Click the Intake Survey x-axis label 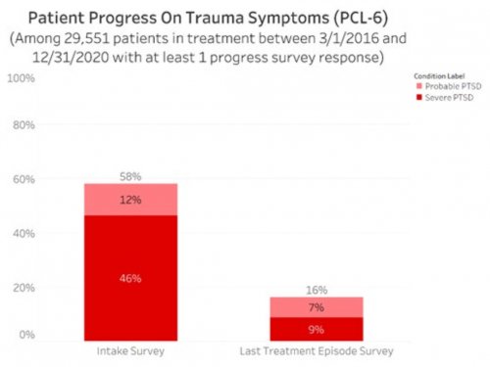point(129,349)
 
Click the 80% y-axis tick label point(24,126)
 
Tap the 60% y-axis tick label point(24,180)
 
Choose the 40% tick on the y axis point(24,234)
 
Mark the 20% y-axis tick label point(24,288)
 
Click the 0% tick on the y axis point(26,335)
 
